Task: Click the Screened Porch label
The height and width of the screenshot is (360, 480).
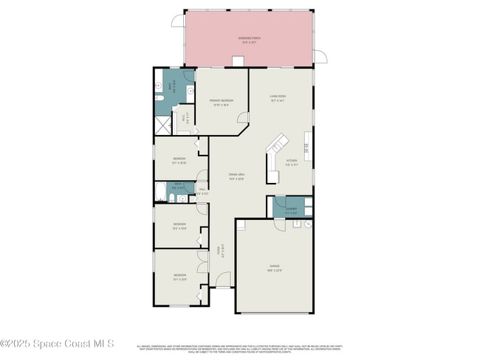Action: click(249, 39)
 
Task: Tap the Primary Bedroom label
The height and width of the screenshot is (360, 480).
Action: click(221, 102)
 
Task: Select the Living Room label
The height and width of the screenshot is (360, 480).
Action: click(278, 97)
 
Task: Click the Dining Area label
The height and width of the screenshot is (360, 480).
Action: click(236, 176)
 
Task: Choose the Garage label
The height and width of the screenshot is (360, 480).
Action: click(274, 267)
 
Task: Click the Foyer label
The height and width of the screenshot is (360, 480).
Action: click(219, 251)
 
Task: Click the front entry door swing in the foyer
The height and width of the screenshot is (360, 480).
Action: click(222, 280)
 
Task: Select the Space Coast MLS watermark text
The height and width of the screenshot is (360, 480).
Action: click(57, 343)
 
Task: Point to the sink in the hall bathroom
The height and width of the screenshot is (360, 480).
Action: click(171, 199)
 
